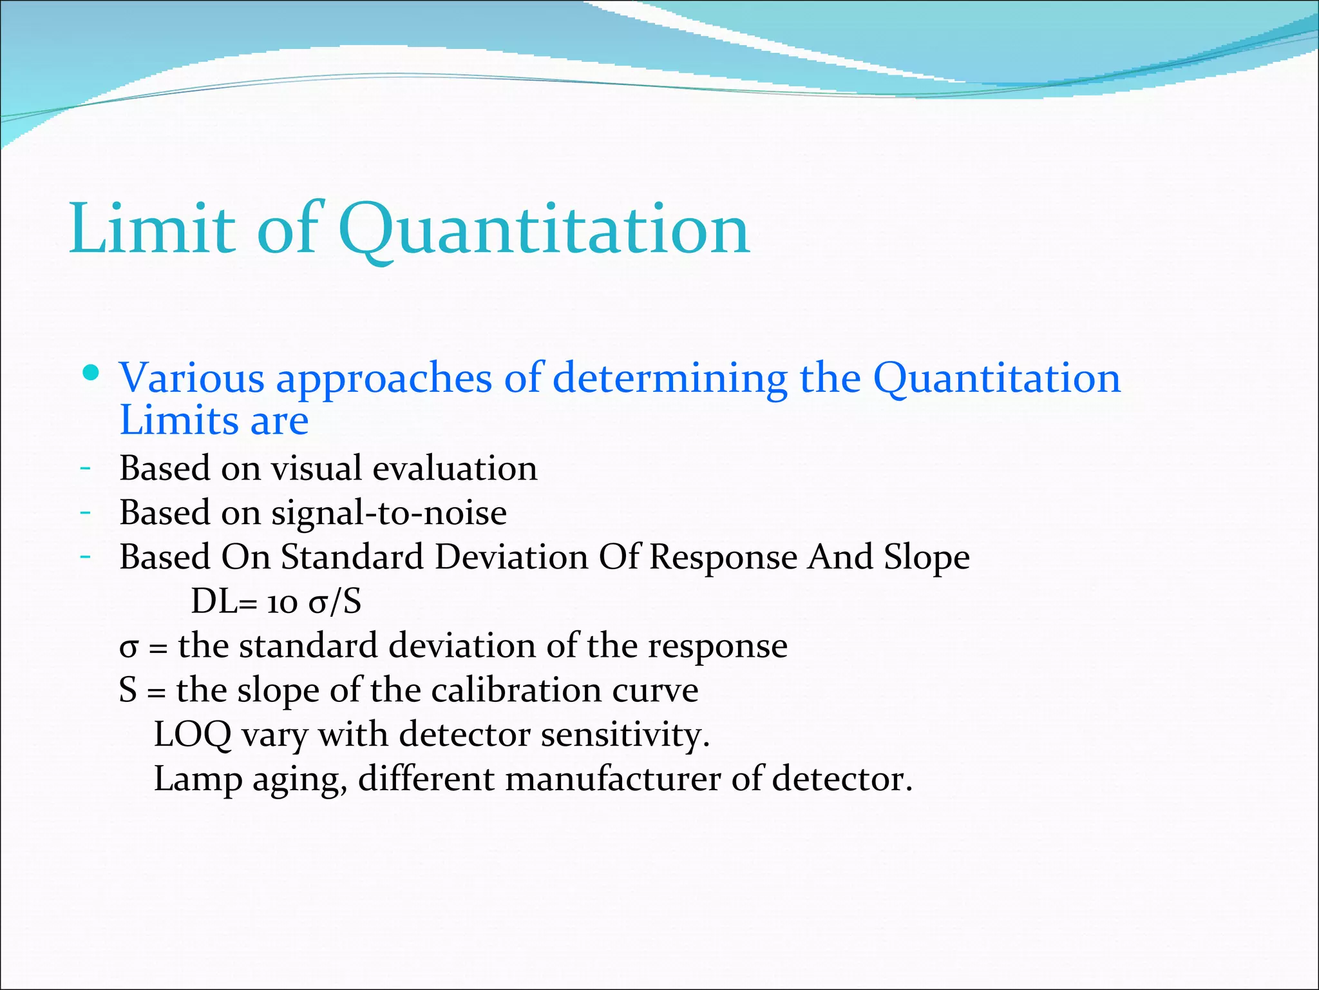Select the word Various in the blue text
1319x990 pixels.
pyautogui.click(x=192, y=378)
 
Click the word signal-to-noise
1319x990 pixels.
pyautogui.click(x=388, y=514)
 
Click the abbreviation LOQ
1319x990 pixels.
pyautogui.click(x=193, y=735)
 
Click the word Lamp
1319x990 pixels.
pyautogui.click(x=198, y=780)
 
